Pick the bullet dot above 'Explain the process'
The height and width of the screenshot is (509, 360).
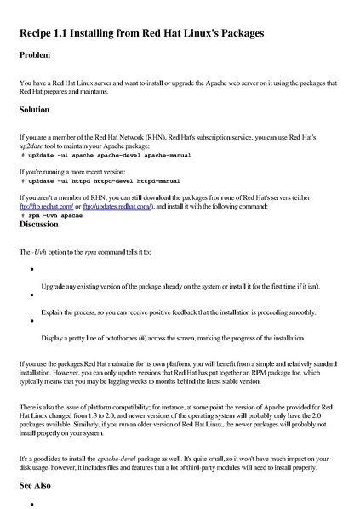(31, 296)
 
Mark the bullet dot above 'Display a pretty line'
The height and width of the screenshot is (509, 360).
(31, 322)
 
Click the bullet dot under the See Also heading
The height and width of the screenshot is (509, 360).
(31, 504)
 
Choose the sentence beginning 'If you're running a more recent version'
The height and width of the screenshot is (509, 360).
(78, 171)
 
